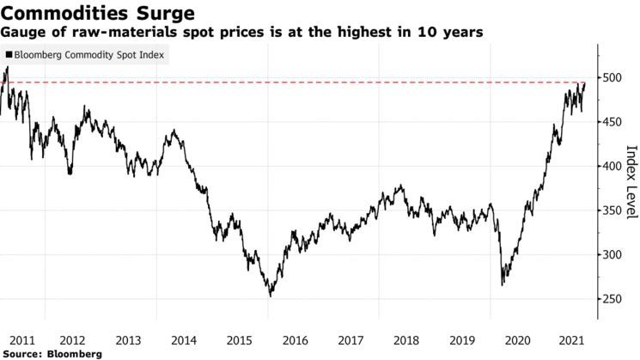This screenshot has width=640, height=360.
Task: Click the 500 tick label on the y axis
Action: coord(612,78)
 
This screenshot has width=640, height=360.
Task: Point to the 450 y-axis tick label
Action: coord(612,122)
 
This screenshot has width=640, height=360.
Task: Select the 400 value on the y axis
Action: coord(612,167)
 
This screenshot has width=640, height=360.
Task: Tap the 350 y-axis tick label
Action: coord(612,211)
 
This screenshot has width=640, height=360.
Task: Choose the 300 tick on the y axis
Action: coord(612,255)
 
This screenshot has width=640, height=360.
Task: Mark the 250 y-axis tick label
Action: coord(612,299)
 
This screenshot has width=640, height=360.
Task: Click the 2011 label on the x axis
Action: coord(22,339)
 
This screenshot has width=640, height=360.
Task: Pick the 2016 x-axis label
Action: coord(296,339)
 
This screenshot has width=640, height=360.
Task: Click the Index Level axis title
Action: coord(631,180)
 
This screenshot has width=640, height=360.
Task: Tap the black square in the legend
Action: coord(9,55)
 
